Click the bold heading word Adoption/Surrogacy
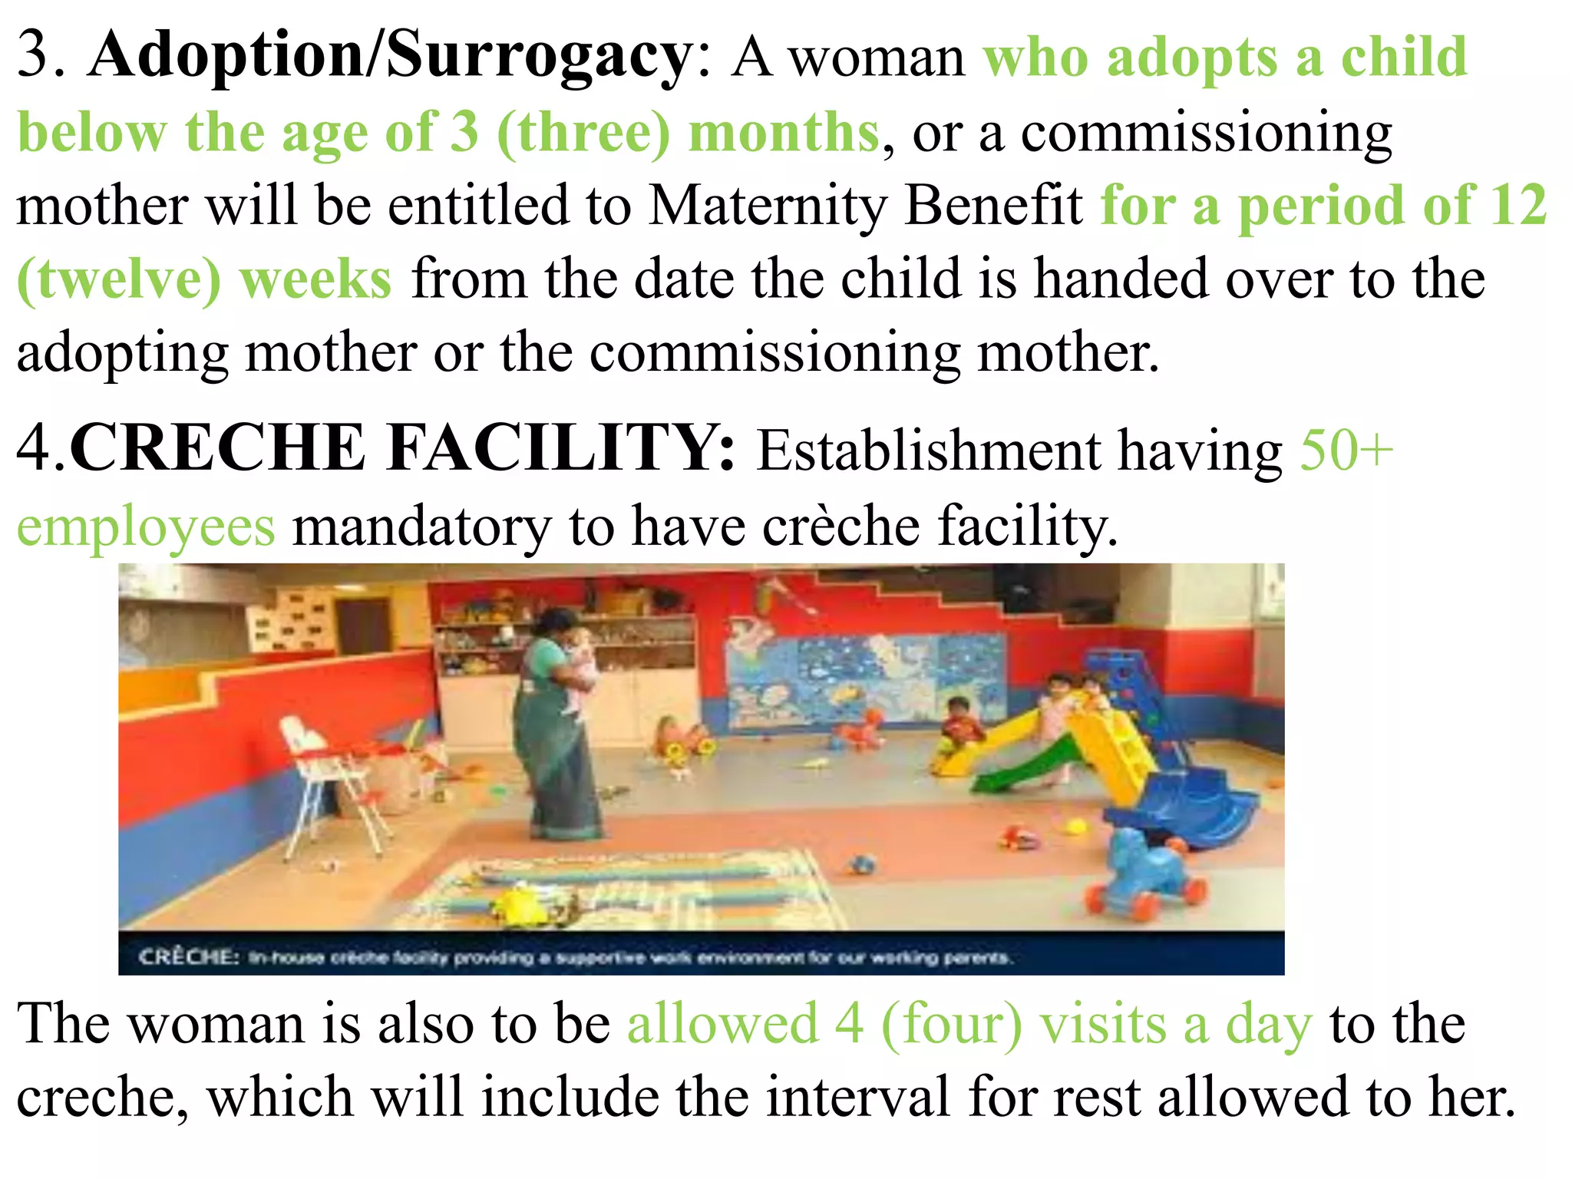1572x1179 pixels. pos(390,55)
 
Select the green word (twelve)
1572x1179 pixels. pos(119,279)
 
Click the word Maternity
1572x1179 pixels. pos(768,205)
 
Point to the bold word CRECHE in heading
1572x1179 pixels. pos(217,448)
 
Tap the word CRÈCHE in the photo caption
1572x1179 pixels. pos(189,957)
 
